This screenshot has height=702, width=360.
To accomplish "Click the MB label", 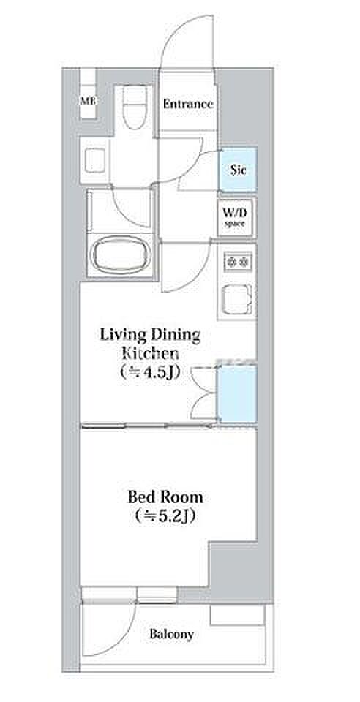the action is click(x=89, y=101).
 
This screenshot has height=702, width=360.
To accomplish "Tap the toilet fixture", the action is click(x=135, y=107).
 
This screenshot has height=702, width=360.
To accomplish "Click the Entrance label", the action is click(x=187, y=105).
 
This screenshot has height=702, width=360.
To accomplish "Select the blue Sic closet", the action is click(x=238, y=170).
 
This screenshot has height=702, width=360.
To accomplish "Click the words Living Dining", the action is click(x=149, y=335).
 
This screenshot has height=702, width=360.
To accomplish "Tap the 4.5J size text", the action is click(x=150, y=371).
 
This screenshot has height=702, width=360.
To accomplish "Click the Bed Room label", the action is click(x=165, y=497).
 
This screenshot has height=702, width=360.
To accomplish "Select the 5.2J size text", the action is click(x=165, y=517).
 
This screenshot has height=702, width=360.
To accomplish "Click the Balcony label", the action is click(x=171, y=635).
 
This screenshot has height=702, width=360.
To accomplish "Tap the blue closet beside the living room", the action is click(x=238, y=393).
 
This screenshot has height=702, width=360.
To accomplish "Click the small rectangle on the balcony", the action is click(x=237, y=616).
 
